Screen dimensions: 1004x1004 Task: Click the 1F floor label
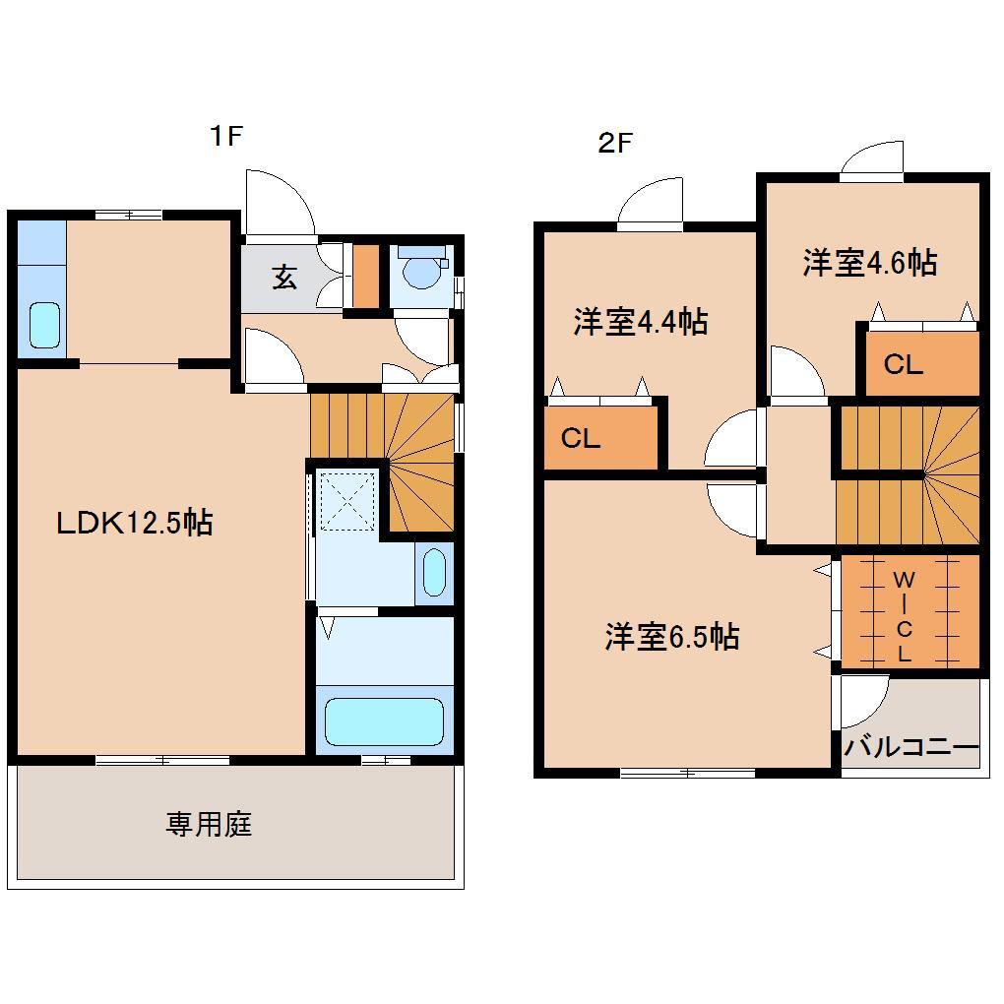point(224,137)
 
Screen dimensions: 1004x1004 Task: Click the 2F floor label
point(614,144)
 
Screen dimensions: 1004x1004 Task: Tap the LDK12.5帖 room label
point(134,523)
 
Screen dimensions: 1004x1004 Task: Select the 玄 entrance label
point(284,279)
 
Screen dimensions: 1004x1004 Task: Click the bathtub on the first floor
point(384,722)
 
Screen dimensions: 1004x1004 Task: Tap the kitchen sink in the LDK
point(44,325)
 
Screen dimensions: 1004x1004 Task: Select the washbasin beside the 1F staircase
point(434,574)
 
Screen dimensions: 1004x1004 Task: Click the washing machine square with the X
point(346,500)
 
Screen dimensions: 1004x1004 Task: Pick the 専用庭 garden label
point(209,823)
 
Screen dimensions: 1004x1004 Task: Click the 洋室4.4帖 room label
point(641,322)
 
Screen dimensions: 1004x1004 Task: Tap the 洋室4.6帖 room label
point(869,263)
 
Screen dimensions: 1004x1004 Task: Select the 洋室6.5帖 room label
point(671,638)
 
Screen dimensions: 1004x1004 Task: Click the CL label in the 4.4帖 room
point(581,438)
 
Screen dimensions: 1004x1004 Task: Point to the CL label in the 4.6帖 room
point(903,364)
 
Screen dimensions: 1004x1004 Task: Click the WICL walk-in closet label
point(903,615)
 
